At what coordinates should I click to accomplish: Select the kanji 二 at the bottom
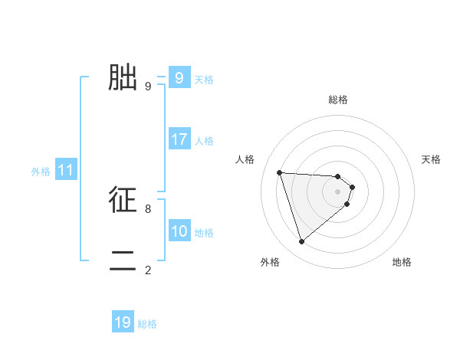(123, 260)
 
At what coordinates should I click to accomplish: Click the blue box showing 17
(179, 139)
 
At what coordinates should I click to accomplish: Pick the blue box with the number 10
(179, 231)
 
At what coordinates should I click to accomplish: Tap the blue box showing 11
(65, 171)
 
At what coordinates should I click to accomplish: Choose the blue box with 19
(123, 322)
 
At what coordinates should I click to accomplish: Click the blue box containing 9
(179, 77)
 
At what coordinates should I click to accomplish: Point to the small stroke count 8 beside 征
(148, 208)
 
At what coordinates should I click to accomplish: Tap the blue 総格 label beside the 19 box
(147, 324)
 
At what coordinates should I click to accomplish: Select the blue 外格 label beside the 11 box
(41, 172)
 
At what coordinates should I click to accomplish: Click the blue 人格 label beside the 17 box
(204, 141)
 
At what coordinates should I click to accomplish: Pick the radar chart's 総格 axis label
(338, 100)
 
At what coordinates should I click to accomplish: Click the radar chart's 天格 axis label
(432, 159)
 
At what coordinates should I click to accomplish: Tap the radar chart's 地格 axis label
(402, 262)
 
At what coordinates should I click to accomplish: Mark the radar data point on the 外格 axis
(301, 242)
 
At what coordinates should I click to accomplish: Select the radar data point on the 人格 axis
(280, 172)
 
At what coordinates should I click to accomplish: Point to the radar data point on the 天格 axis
(352, 187)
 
